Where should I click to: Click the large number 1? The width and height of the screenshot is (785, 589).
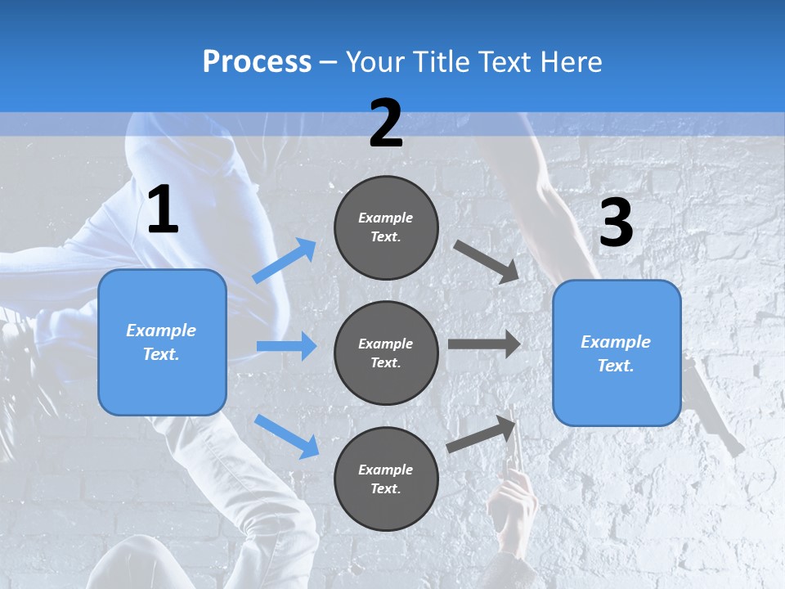tap(163, 210)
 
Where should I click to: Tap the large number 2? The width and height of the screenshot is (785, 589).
tap(386, 124)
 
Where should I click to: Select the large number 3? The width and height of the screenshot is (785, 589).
tap(616, 223)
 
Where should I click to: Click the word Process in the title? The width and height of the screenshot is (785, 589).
tap(257, 61)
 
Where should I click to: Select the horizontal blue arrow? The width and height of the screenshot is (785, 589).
tap(286, 346)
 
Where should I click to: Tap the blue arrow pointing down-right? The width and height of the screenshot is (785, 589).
tap(287, 435)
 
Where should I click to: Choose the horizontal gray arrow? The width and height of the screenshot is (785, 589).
tap(484, 344)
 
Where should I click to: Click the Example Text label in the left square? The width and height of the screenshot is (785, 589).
tap(161, 342)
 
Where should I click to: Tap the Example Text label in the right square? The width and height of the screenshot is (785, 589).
tap(616, 353)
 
